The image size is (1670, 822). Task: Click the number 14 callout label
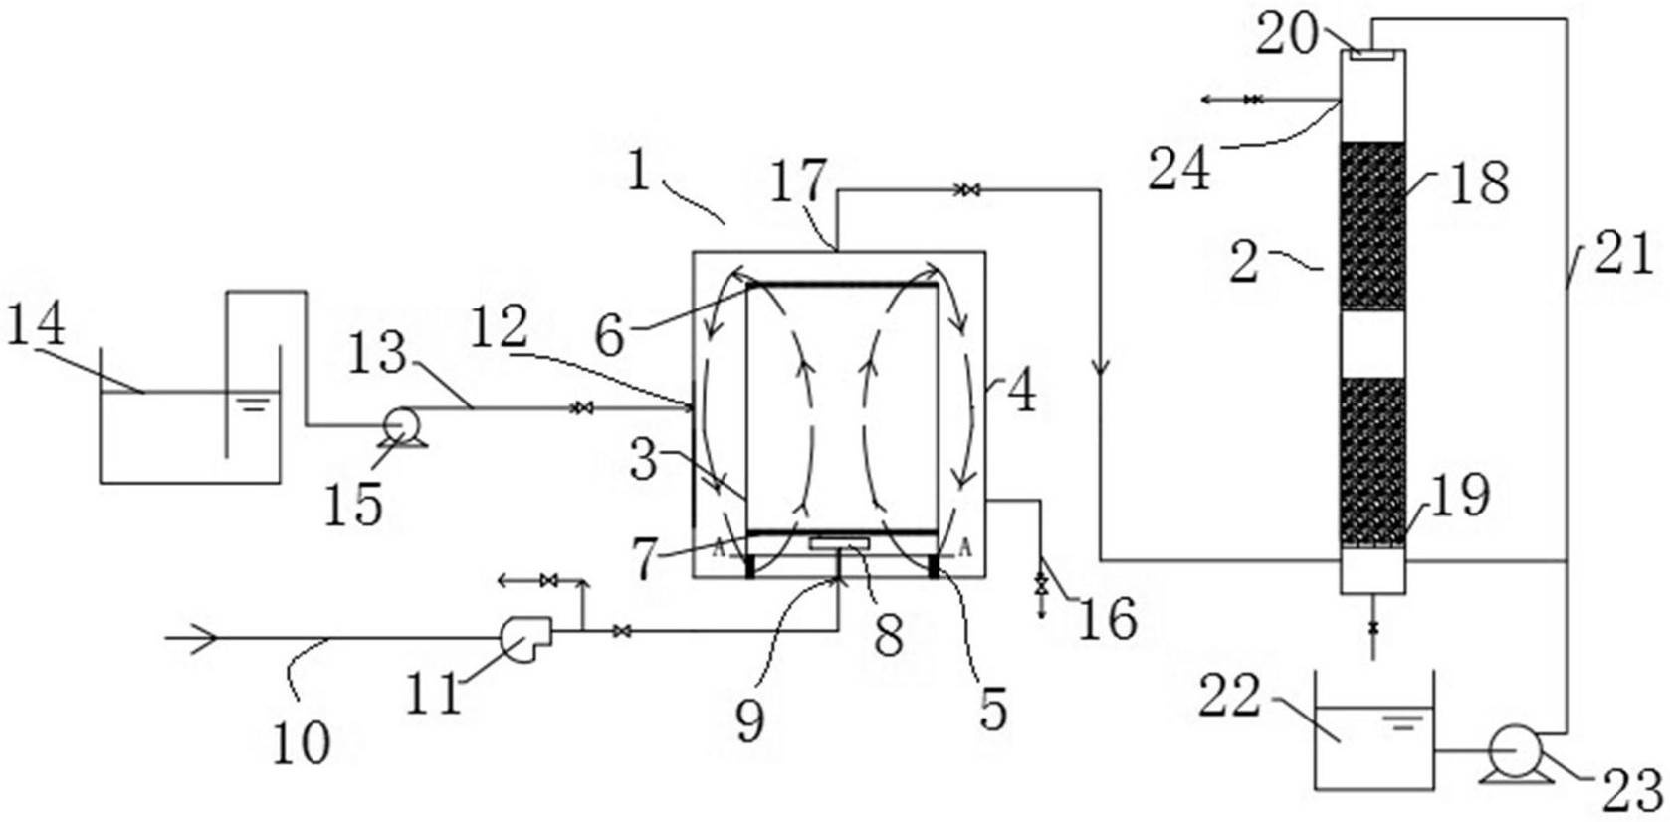(36, 324)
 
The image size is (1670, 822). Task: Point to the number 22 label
(1229, 699)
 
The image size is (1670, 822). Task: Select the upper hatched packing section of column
(1372, 226)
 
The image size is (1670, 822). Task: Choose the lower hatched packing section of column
(1372, 462)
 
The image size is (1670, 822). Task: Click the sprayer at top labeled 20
(1373, 55)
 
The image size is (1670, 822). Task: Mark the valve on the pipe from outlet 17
(963, 190)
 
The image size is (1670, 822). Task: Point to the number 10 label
(301, 741)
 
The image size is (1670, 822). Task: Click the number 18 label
(1480, 183)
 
